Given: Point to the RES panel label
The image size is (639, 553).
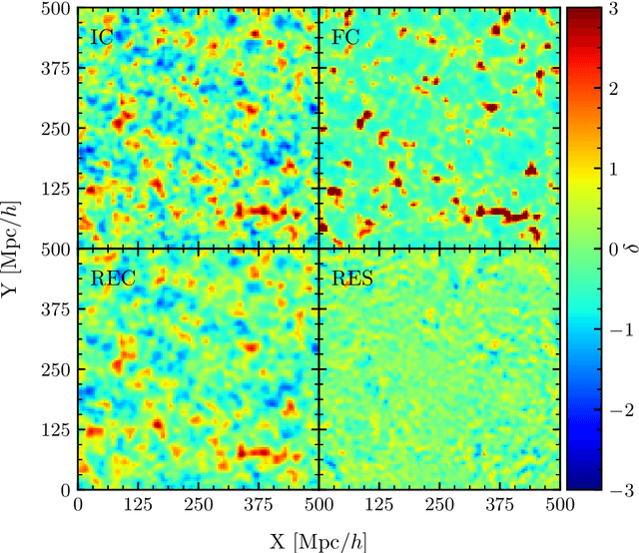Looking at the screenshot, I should coord(352,278).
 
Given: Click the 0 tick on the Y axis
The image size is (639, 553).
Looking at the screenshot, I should coord(63,490).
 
